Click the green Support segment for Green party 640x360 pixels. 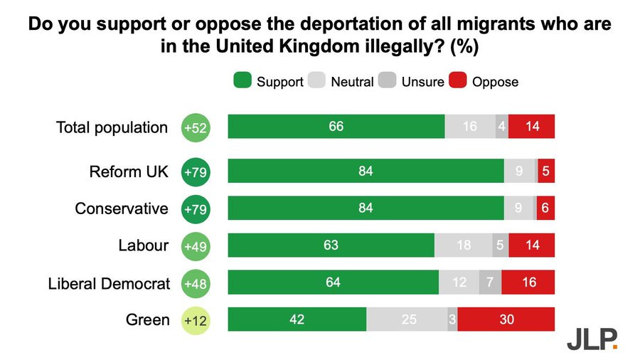(297, 319)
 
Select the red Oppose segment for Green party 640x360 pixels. (506, 319)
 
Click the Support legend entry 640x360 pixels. (268, 82)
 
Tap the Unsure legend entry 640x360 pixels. (412, 82)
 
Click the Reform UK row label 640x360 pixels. (129, 171)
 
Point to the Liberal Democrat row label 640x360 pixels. (109, 283)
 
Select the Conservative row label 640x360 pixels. (122, 208)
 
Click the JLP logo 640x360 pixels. (592, 339)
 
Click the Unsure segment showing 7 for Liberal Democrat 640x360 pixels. (490, 282)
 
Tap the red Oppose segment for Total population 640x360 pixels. (532, 126)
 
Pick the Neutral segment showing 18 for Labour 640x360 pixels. (463, 245)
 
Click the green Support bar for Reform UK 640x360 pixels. (366, 171)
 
